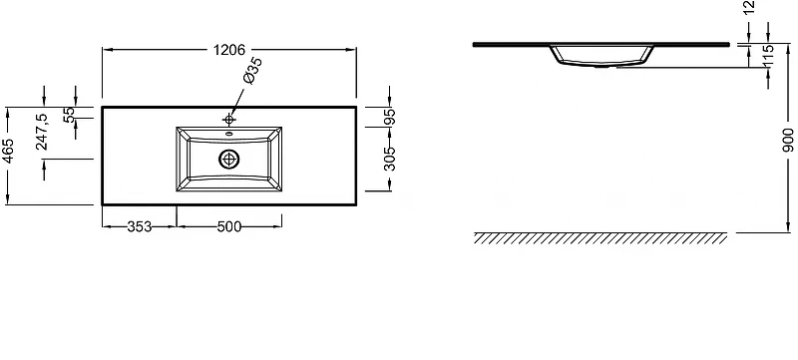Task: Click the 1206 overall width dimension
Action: pos(229,50)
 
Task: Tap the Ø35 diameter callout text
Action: pos(253,70)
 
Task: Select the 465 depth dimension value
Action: pos(8,151)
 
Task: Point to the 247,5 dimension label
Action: pos(42,132)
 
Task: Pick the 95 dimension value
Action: pos(390,117)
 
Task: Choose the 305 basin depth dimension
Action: pos(390,159)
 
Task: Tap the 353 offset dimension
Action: pos(140,226)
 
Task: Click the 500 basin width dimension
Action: pos(229,226)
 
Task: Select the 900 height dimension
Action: pos(788,140)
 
